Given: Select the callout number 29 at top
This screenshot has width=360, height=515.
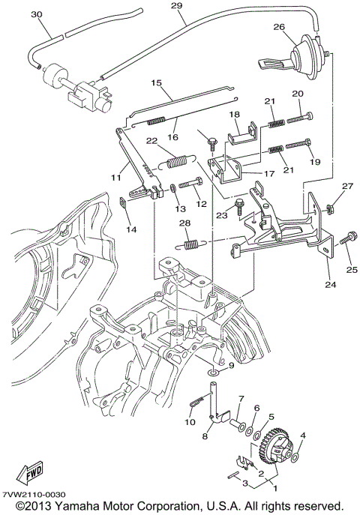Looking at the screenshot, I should (177, 6).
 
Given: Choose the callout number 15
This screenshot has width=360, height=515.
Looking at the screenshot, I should (157, 82).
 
